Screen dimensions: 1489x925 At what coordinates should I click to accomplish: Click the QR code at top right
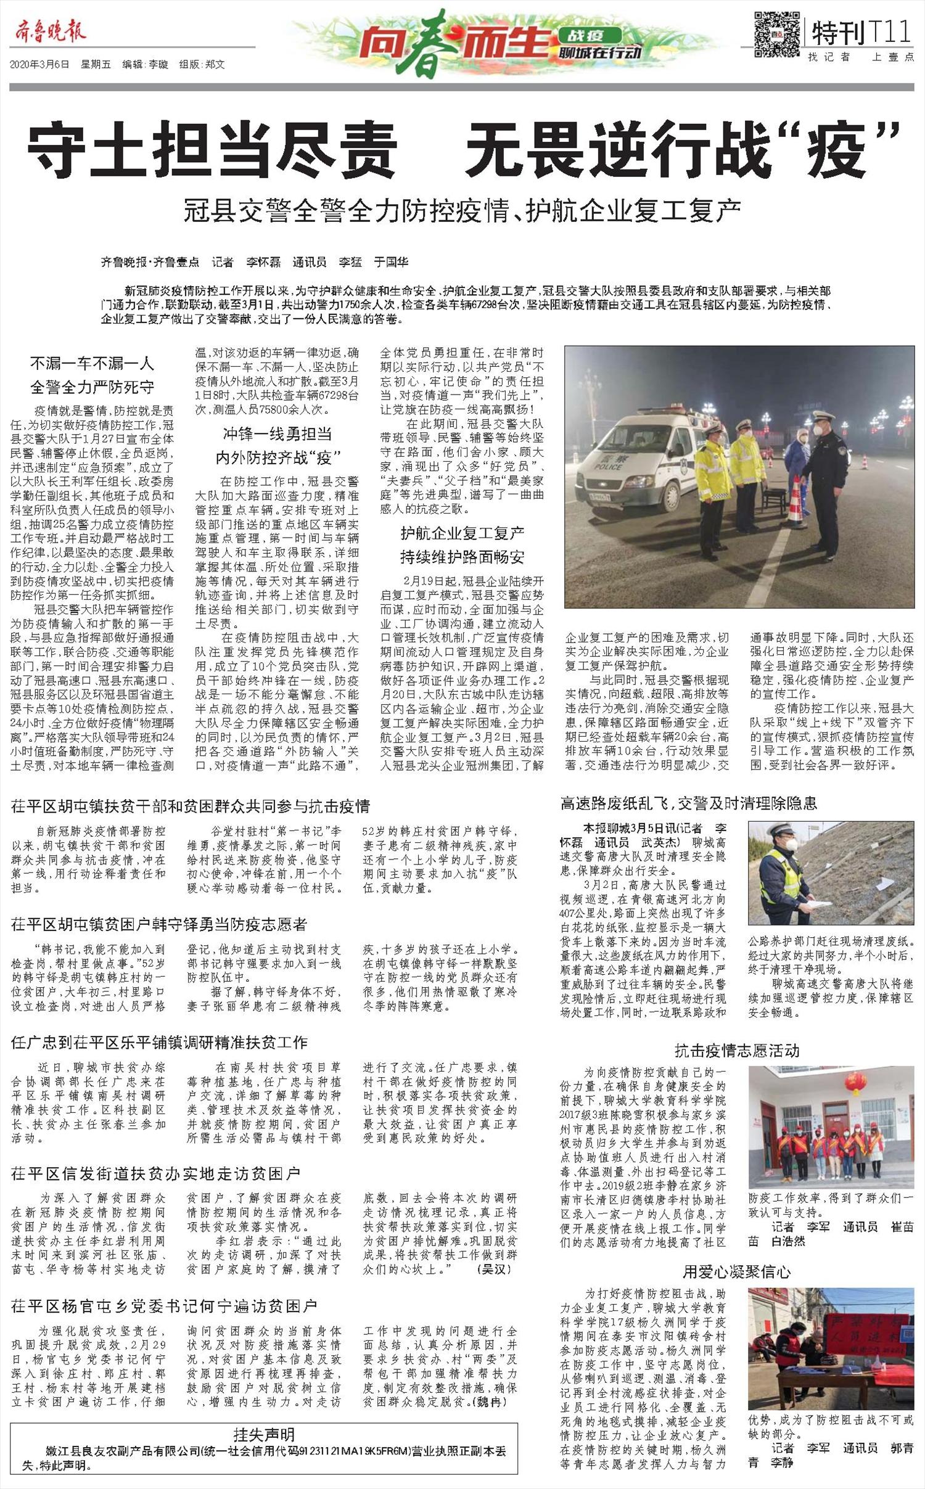776,34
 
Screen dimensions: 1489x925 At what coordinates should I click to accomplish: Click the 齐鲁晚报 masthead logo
47,31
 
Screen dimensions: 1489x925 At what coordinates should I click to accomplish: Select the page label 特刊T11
861,33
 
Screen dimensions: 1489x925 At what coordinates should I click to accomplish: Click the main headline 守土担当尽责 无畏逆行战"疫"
462,149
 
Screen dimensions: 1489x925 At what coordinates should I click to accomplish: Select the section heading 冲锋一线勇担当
277,434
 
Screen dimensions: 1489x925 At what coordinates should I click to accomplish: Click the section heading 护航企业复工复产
462,533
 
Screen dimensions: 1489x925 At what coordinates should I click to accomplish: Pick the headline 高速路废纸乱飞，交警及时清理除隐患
688,803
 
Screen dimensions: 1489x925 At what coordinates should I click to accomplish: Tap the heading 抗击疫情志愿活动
736,1050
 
